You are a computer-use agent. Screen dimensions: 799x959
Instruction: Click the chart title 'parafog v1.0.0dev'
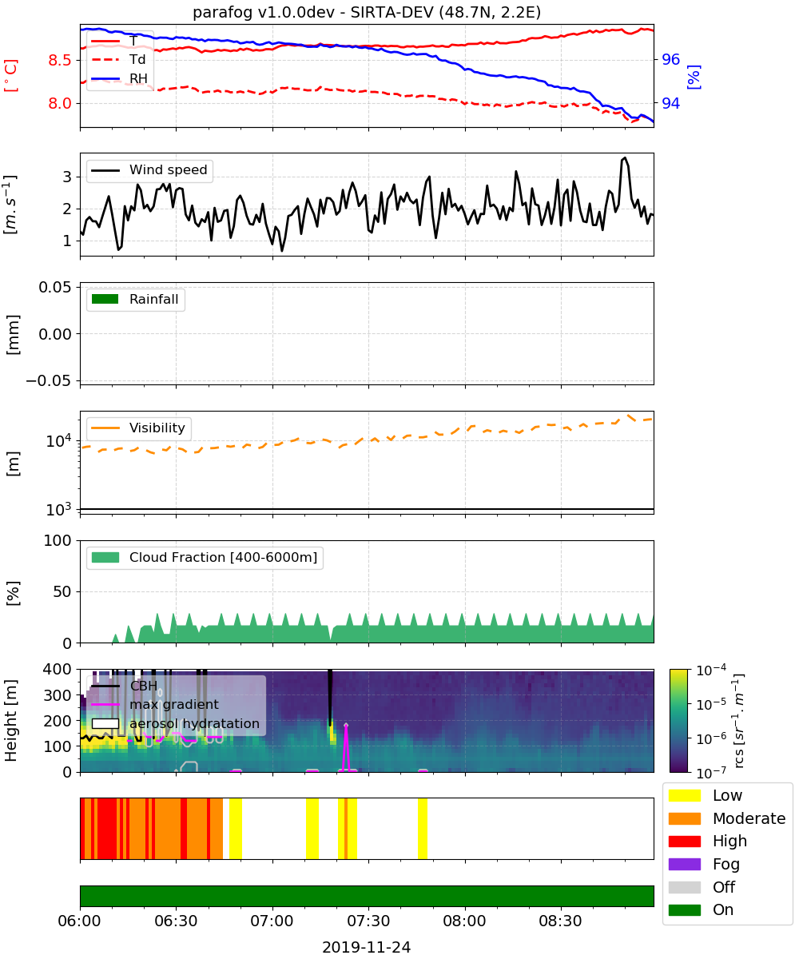[263, 12]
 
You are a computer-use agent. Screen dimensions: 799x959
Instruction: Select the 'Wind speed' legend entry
[149, 170]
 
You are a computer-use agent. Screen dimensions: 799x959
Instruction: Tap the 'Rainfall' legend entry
[135, 300]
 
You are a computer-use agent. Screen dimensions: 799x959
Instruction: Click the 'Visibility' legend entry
[138, 428]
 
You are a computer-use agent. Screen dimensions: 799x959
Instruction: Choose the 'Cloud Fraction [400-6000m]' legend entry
[205, 558]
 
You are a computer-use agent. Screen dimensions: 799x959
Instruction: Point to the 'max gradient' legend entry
[155, 705]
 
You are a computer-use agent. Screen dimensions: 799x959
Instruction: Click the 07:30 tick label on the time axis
[368, 921]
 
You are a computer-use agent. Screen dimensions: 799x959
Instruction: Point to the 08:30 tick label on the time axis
[560, 921]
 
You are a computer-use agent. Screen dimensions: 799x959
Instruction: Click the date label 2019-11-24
[367, 947]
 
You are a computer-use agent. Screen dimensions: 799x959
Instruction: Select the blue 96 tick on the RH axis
[670, 59]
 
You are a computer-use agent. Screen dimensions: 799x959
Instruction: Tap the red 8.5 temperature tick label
[60, 60]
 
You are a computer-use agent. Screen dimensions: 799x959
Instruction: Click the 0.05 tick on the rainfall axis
[56, 288]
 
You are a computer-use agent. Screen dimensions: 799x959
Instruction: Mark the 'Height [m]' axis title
[10, 720]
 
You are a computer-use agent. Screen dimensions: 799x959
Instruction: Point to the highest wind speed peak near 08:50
[625, 157]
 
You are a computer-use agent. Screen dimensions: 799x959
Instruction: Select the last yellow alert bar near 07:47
[423, 829]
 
